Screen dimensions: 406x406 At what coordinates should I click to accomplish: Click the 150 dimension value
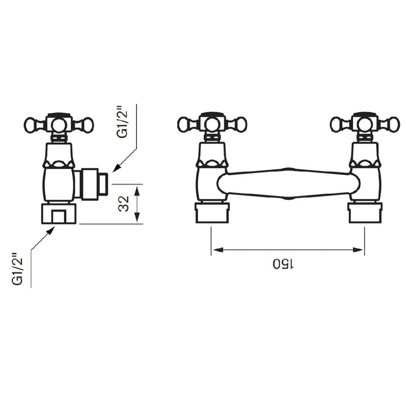[283, 264]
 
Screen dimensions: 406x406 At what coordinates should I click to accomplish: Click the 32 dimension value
[124, 204]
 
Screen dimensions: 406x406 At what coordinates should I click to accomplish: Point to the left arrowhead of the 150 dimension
[218, 250]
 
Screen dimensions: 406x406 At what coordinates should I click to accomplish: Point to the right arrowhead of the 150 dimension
[358, 250]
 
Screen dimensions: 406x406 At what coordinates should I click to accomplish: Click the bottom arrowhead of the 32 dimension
[137, 218]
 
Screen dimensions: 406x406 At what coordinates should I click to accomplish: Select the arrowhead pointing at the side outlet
[117, 168]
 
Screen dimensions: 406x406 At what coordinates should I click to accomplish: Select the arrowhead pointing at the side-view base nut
[51, 231]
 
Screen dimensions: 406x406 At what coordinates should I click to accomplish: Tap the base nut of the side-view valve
[59, 214]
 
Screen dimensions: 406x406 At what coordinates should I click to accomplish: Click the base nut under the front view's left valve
[212, 213]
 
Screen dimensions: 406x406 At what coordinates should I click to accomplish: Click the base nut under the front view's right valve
[364, 213]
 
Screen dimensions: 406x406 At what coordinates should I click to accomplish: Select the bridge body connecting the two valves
[288, 184]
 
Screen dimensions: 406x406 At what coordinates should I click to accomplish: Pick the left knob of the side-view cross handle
[31, 125]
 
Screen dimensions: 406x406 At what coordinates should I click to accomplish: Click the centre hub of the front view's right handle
[364, 124]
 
